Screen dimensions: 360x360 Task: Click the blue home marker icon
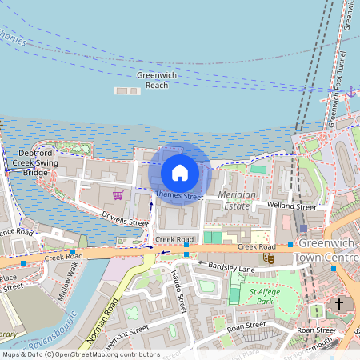click(x=180, y=172)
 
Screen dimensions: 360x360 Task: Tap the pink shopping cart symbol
click(x=118, y=194)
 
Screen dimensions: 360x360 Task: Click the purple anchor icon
click(x=350, y=93)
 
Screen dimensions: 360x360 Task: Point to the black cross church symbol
click(x=339, y=305)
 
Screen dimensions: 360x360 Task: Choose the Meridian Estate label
click(x=238, y=200)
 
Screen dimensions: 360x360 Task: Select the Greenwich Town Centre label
click(x=328, y=250)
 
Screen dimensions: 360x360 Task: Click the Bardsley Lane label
click(x=230, y=267)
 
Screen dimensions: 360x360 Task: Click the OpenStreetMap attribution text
click(x=80, y=354)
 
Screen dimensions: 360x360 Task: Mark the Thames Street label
click(x=178, y=194)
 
